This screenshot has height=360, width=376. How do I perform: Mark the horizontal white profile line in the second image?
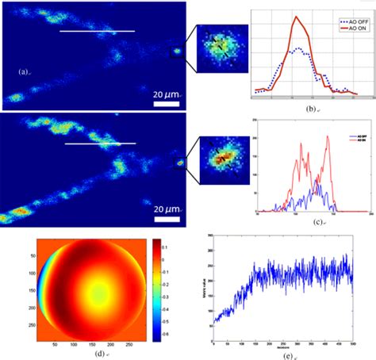(x=100, y=144)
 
